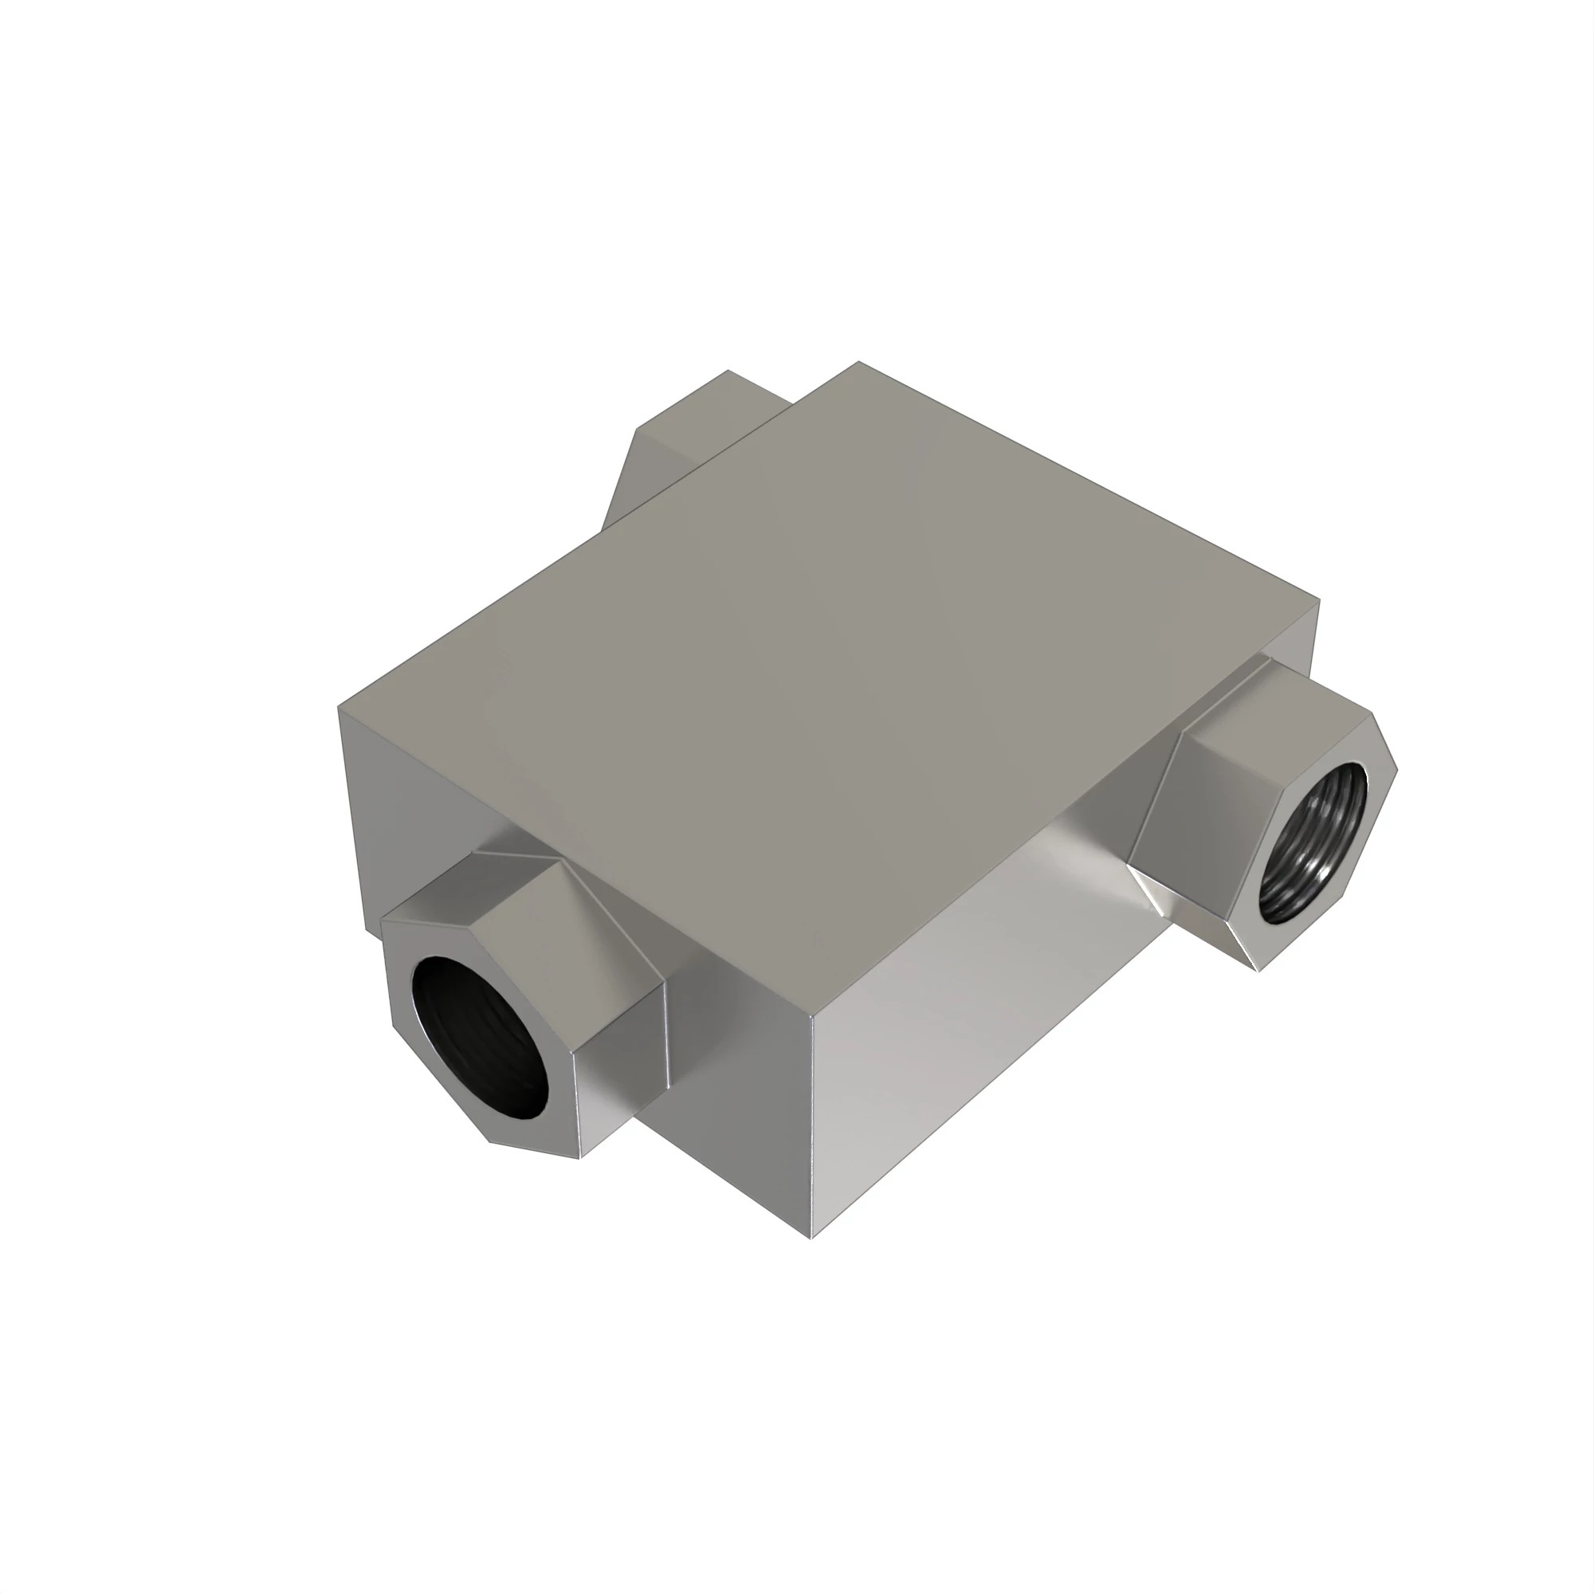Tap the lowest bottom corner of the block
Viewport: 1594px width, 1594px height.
click(812, 1239)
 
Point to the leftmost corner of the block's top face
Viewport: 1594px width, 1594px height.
click(338, 706)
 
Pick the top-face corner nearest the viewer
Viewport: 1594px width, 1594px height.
click(813, 1019)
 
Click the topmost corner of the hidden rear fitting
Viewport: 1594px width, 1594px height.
click(728, 371)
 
